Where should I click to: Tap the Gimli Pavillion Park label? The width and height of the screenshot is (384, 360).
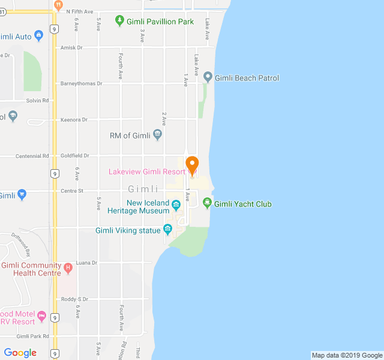coord(160,22)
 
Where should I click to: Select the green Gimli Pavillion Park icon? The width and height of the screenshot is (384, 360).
coord(120,21)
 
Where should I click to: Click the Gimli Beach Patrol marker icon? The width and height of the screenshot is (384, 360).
coord(208,77)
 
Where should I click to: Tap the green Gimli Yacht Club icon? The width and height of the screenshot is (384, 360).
coord(208,203)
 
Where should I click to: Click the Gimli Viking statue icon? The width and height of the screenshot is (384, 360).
coord(168,230)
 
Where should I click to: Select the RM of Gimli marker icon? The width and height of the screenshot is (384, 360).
coord(158,135)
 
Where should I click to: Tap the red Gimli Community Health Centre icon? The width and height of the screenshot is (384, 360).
coord(68,267)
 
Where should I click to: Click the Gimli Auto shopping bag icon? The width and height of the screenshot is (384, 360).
coord(39,37)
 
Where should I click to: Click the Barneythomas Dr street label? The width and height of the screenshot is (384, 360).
coord(82,84)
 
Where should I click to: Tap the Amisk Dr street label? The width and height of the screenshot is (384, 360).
coord(71,48)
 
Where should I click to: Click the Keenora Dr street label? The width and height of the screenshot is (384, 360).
coord(74,120)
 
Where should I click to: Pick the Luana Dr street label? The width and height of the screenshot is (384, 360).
coord(86,263)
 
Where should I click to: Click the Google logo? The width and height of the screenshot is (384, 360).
coord(20,353)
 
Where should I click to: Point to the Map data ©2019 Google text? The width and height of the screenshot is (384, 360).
coord(347,355)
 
